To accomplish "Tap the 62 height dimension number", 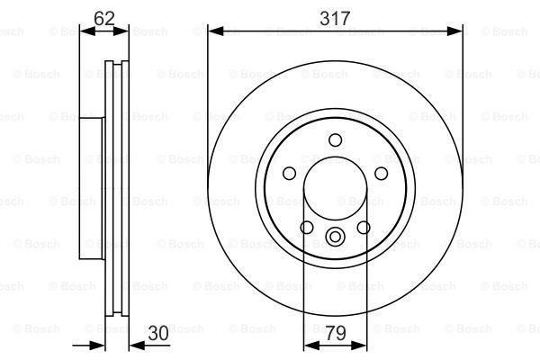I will pyautogui.click(x=104, y=15).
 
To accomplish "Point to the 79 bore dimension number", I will pyautogui.click(x=335, y=333).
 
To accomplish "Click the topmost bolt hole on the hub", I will pyautogui.click(x=335, y=139).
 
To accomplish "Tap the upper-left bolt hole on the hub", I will pyautogui.click(x=289, y=174).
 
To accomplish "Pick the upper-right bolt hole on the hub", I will pyautogui.click(x=381, y=174).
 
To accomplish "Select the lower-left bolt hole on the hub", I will pyautogui.click(x=307, y=227).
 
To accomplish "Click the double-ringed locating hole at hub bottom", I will pyautogui.click(x=335, y=238).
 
